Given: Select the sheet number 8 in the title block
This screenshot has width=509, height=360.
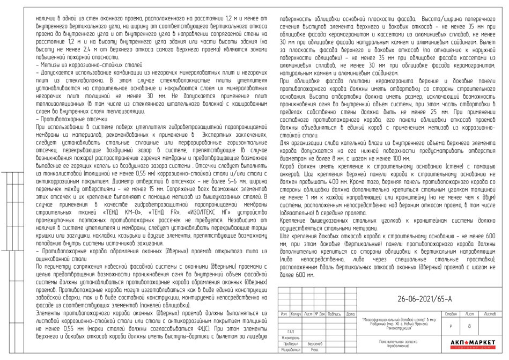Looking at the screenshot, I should pyautogui.click(x=470, y=326).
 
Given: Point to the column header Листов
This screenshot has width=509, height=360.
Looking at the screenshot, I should pyautogui.click(x=490, y=313).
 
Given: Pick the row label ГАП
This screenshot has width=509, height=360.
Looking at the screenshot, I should pyautogui.click(x=290, y=331).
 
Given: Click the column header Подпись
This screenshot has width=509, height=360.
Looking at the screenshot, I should pyautogui.click(x=334, y=313).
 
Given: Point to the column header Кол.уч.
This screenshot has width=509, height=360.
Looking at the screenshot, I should pyautogui.click(x=296, y=313).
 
